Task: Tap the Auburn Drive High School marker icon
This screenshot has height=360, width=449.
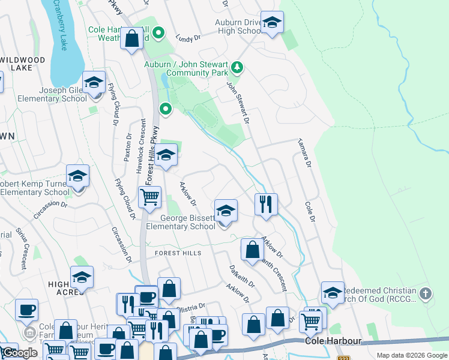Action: tap(272, 23)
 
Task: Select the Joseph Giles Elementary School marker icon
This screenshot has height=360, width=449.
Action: tap(94, 83)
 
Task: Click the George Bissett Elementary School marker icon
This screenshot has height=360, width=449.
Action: tap(226, 211)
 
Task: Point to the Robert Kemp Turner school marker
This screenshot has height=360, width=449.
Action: tap(77, 176)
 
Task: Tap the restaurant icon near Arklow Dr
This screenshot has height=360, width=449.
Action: tap(265, 205)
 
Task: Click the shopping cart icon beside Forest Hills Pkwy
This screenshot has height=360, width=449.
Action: tap(149, 197)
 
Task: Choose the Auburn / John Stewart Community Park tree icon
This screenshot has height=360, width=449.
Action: tap(238, 67)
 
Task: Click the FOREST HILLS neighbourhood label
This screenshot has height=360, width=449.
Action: tap(178, 253)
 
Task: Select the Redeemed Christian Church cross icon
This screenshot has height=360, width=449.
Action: tap(425, 293)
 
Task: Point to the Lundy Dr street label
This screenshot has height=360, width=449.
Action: tap(188, 38)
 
